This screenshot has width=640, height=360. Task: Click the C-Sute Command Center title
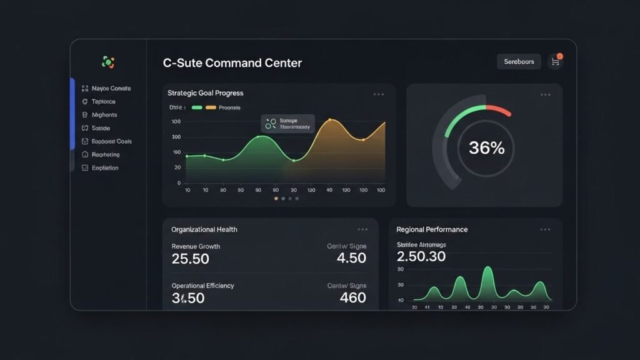coord(232,63)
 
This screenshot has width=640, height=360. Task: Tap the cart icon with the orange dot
coord(554,61)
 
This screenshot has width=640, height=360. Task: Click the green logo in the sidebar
coord(108,62)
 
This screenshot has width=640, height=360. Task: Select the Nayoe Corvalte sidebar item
coord(111,89)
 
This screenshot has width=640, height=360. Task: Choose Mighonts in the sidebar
coord(104,115)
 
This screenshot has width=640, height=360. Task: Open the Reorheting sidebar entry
coord(106,154)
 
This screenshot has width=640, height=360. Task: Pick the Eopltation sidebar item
coord(105,167)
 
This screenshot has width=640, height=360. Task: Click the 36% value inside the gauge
coord(486,148)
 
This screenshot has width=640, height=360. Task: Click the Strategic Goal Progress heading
coord(206,93)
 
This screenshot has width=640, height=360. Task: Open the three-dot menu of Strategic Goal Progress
coord(379,94)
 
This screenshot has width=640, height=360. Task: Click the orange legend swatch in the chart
coord(211,107)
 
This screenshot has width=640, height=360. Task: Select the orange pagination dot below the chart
coord(276,198)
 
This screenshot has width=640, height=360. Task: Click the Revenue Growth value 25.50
coord(191,259)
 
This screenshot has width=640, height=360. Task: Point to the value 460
coord(352,298)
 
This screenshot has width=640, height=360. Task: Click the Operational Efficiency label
coord(202,286)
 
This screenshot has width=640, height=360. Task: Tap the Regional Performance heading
coord(432,229)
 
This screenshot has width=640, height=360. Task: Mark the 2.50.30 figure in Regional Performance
coord(421,257)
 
